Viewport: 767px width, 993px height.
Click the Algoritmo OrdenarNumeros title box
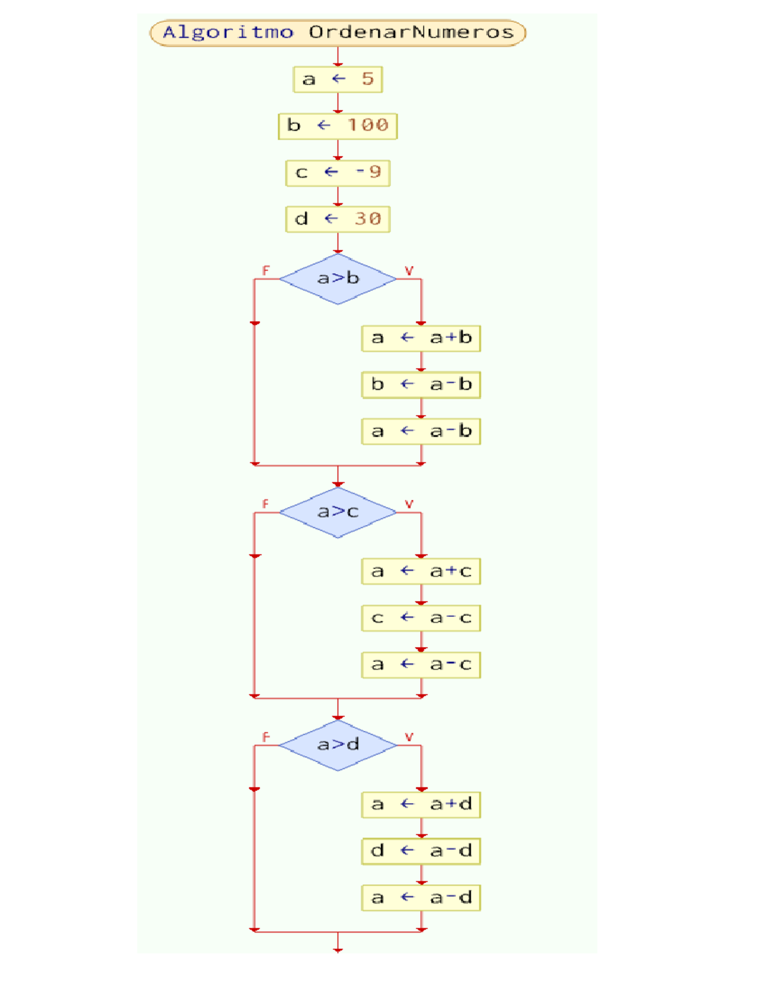click(x=337, y=33)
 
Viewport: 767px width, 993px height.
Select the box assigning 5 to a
click(x=337, y=79)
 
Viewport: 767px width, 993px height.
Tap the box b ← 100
click(x=337, y=126)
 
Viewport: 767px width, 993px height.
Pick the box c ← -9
click(x=337, y=173)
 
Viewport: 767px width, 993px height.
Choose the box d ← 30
click(x=337, y=219)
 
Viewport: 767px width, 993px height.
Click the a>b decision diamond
click(x=337, y=279)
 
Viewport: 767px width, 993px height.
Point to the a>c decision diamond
click(x=337, y=512)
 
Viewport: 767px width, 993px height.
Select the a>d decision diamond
click(x=337, y=745)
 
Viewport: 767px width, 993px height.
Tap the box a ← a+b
click(x=421, y=338)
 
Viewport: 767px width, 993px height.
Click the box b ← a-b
click(x=421, y=385)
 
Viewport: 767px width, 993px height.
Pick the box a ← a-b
click(x=421, y=432)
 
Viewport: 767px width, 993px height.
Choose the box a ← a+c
click(x=421, y=572)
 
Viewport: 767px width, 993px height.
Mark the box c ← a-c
click(x=421, y=618)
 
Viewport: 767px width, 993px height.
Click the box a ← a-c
click(x=421, y=665)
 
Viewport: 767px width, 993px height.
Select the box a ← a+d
click(x=421, y=804)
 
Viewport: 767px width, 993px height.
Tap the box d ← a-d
click(x=421, y=851)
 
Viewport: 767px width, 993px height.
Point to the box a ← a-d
click(x=421, y=898)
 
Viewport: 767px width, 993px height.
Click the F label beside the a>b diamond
click(x=266, y=270)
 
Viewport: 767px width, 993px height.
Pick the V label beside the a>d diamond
click(x=409, y=737)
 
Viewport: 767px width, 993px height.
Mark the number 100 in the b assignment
click(x=368, y=125)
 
